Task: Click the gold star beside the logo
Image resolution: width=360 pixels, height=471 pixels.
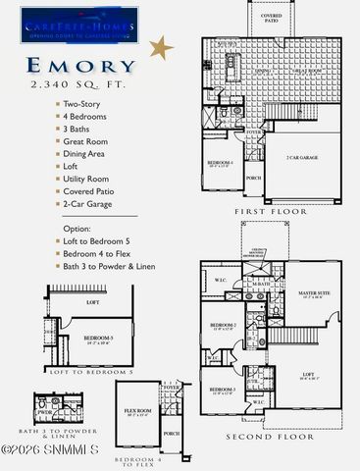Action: [x=161, y=47]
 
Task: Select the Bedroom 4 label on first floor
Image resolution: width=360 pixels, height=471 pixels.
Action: [x=220, y=163]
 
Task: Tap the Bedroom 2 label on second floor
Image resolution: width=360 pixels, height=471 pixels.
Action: [x=219, y=325]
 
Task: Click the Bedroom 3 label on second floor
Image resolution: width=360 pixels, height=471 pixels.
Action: [x=220, y=390]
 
